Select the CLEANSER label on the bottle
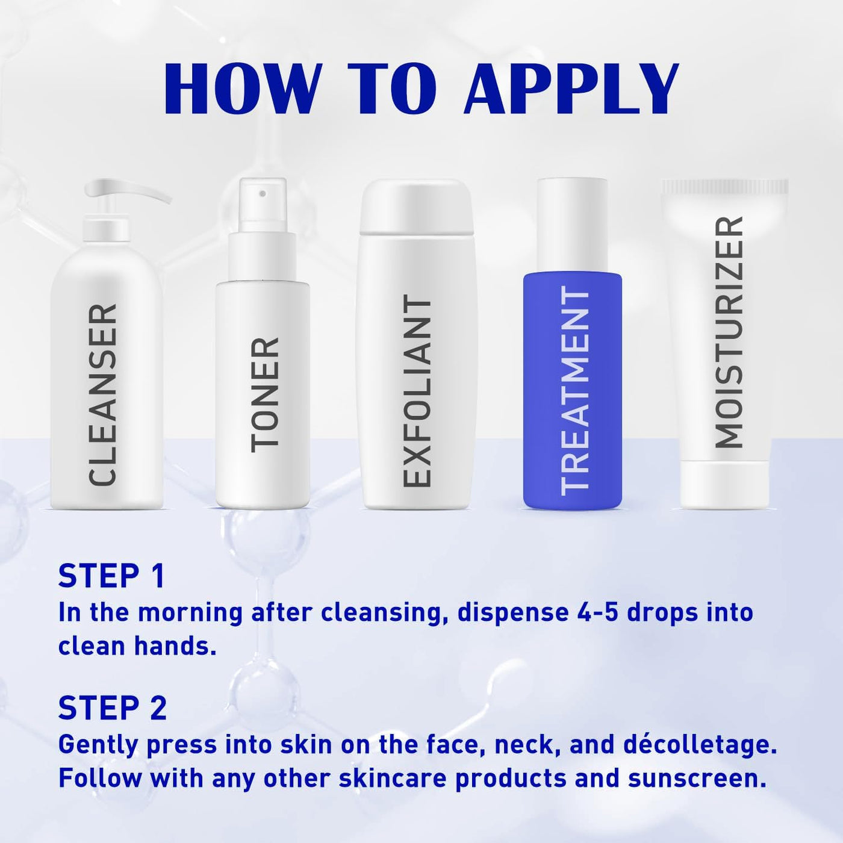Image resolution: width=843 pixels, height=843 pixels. (102, 395)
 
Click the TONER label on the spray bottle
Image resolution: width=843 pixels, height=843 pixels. (265, 395)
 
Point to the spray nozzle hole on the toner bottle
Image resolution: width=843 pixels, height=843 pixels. (262, 193)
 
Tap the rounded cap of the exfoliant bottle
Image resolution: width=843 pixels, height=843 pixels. (416, 205)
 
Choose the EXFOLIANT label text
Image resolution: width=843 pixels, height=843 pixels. (417, 391)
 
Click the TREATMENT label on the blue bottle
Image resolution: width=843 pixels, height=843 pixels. (575, 391)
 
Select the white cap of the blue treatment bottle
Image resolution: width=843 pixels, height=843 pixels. (573, 225)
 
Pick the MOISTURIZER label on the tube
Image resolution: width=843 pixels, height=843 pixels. (729, 332)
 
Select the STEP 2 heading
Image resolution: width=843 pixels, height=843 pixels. (113, 708)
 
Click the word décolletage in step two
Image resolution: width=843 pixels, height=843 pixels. (697, 745)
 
